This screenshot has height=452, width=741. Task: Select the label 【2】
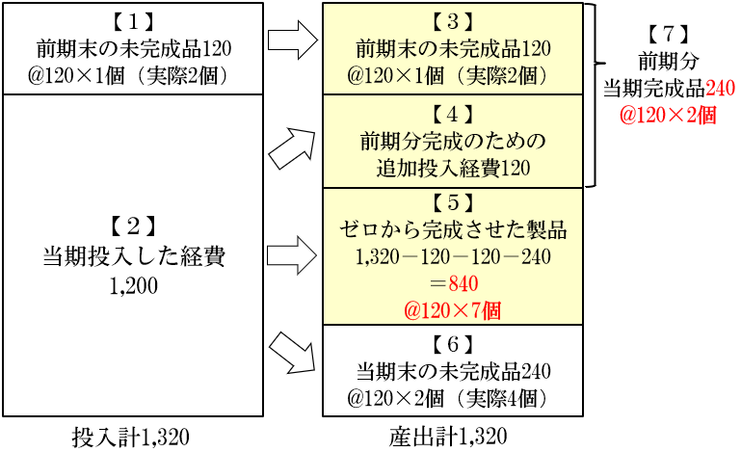click(x=134, y=227)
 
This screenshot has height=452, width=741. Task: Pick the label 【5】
click(x=452, y=204)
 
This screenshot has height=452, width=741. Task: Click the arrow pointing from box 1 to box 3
click(x=294, y=40)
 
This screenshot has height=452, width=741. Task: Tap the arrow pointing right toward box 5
click(x=294, y=255)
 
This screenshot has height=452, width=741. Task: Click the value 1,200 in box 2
click(x=134, y=286)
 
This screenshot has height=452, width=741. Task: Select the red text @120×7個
click(x=452, y=310)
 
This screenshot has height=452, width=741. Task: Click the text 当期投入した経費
click(x=134, y=257)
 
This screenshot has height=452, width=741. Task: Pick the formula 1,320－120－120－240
click(x=452, y=257)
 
